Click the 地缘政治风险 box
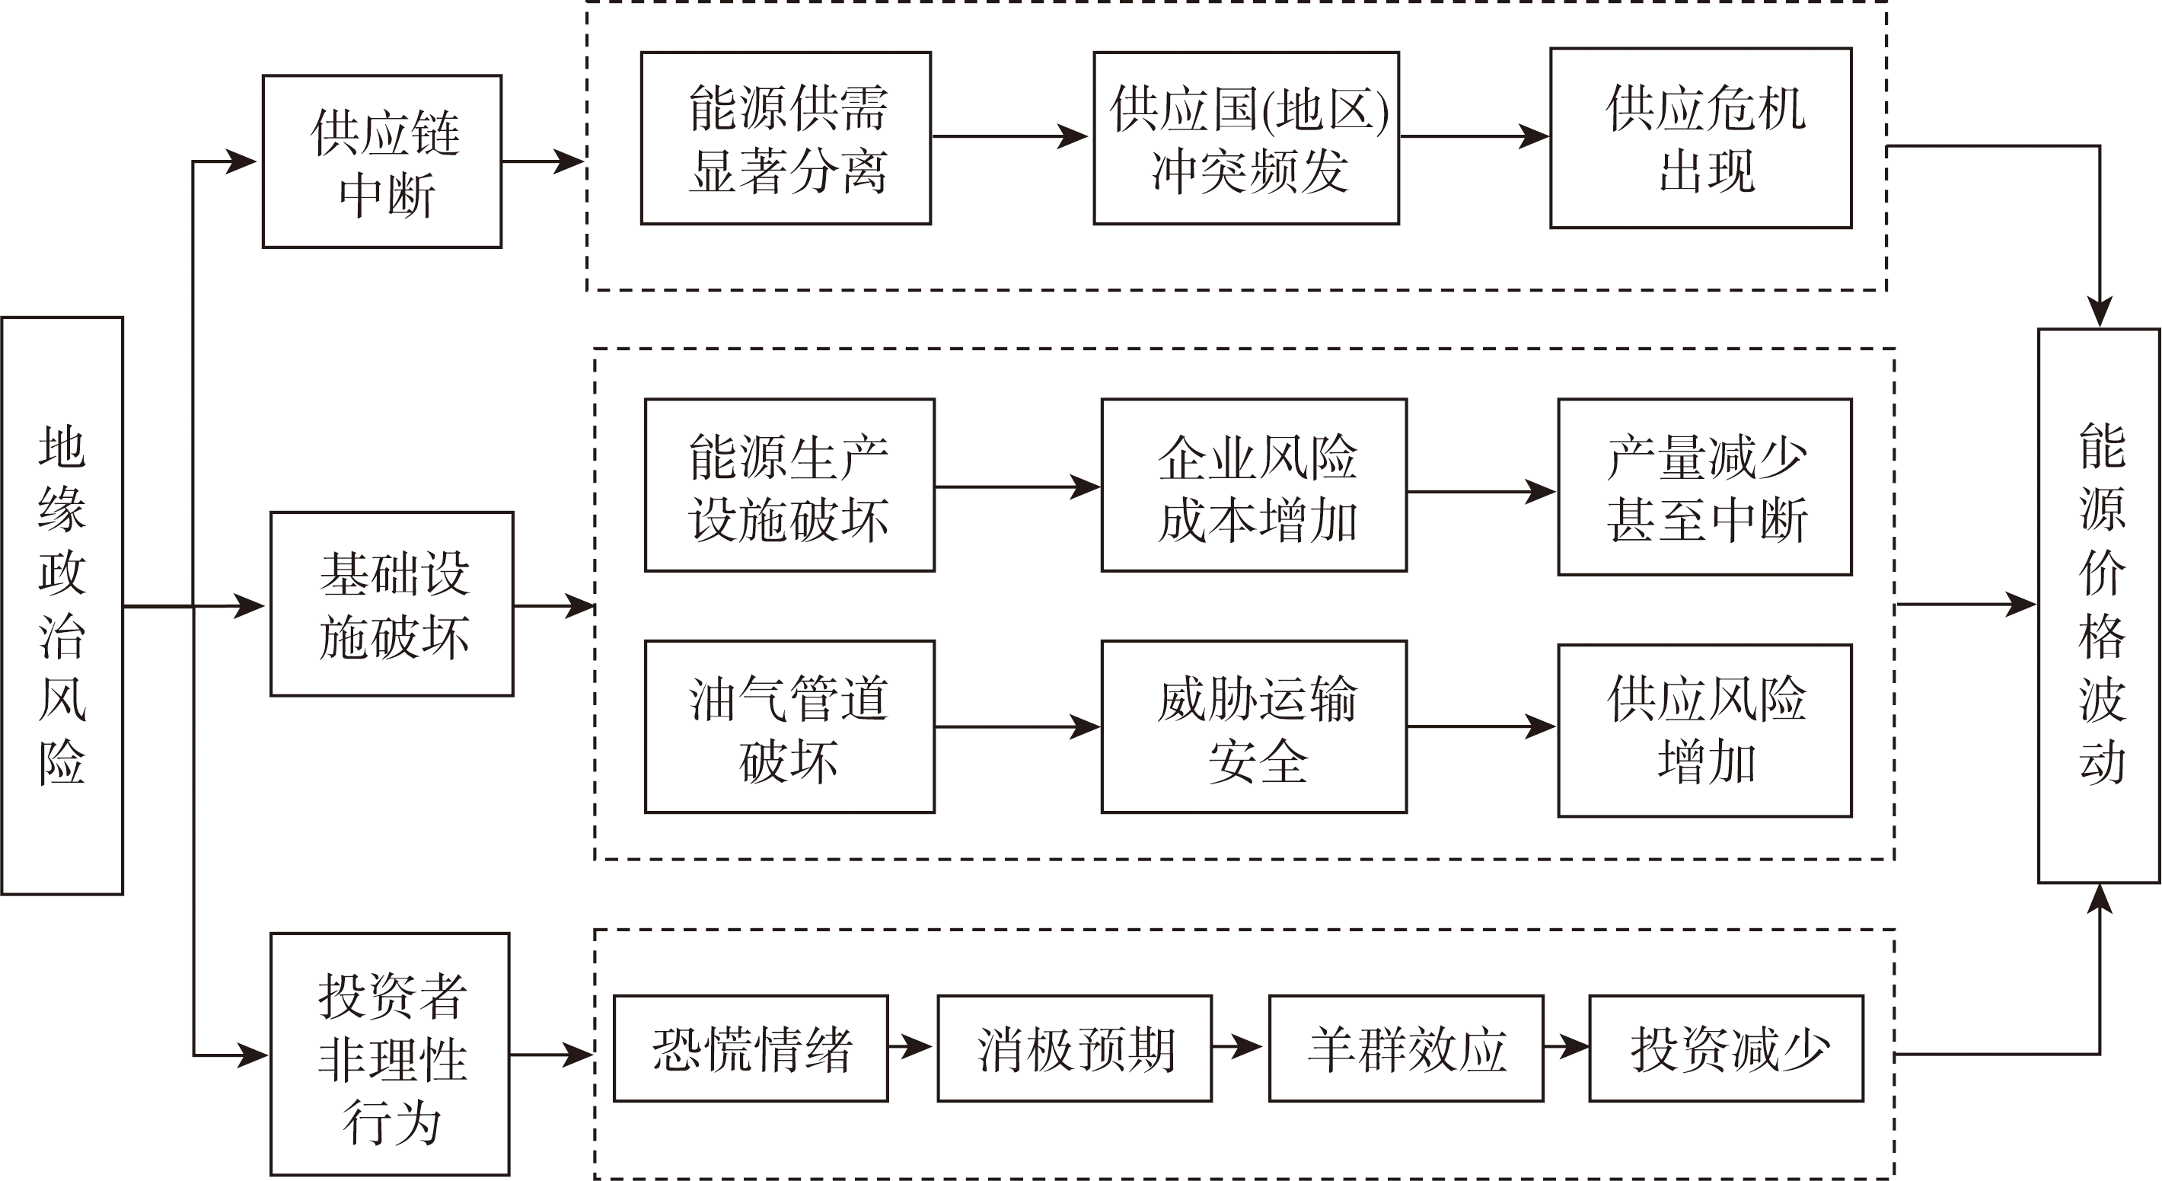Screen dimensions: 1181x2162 tap(62, 605)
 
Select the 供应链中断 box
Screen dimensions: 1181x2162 tap(383, 162)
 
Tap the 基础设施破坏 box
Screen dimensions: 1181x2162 tap(392, 605)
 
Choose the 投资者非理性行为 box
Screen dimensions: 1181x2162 tap(391, 1055)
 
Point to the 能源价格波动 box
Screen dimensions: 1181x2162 tap(2099, 605)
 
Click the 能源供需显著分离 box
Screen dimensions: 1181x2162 tap(786, 139)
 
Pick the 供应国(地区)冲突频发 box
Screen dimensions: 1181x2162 tap(1246, 139)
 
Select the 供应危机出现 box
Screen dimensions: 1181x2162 tap(1701, 139)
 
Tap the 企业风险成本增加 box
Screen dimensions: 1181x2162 tap(1255, 486)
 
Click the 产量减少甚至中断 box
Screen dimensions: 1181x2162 tap(1705, 487)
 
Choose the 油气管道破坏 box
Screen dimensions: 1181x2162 tap(789, 727)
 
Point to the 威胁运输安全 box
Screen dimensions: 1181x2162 tap(1255, 727)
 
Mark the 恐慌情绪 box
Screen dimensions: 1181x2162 tap(751, 1049)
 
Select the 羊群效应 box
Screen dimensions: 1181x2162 tap(1407, 1049)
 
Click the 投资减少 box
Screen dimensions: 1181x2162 tap(1727, 1049)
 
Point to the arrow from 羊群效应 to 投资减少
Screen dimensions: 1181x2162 tap(1566, 1047)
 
